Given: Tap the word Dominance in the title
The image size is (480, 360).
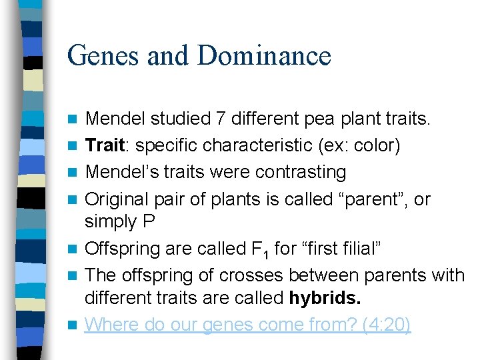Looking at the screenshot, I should click(x=265, y=55).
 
